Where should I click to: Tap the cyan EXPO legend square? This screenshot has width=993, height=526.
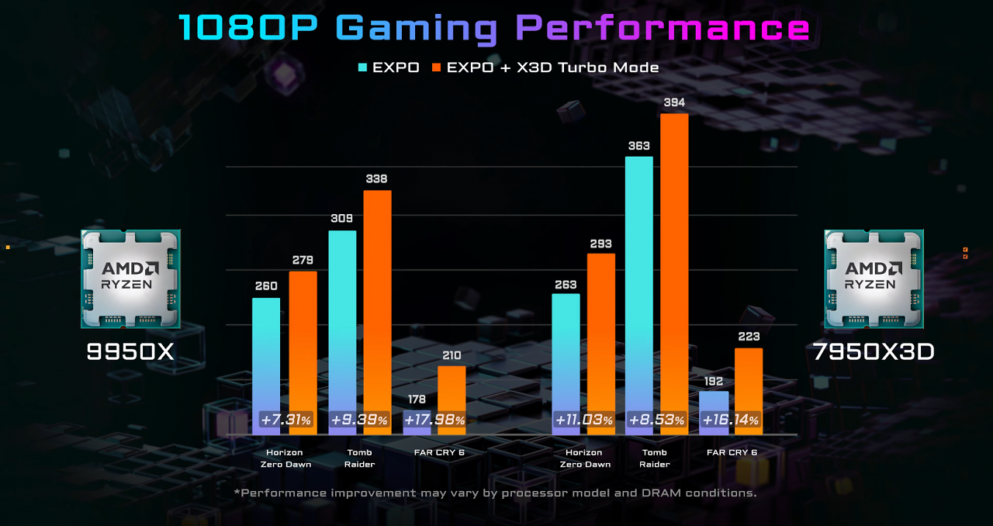pos(362,67)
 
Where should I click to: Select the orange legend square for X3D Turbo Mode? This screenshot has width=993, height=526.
pos(437,67)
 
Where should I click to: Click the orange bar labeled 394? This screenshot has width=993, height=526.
pos(674,274)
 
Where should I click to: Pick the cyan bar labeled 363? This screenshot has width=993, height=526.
pos(638,296)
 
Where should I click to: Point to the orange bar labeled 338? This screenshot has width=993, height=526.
pos(377,313)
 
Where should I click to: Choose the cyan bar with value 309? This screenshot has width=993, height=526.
pos(342,333)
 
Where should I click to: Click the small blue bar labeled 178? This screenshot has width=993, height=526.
pos(417,423)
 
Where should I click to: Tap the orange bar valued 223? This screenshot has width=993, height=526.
pos(749,391)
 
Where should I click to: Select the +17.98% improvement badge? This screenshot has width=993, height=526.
pos(434,420)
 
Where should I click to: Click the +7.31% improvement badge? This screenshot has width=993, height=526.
pos(285,420)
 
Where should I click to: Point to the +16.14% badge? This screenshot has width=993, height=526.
pos(730,420)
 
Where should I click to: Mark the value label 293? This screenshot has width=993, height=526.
pos(600,244)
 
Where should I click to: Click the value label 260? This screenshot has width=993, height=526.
pos(266,286)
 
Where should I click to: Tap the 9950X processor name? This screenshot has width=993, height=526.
pos(130,351)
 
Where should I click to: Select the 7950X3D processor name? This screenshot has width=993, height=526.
pos(874,351)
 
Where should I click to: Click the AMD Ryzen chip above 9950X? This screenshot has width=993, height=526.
pos(130,279)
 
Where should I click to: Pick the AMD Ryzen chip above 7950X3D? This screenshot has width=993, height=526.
pos(874,279)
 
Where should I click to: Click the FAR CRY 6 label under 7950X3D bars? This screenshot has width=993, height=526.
pos(732,452)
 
